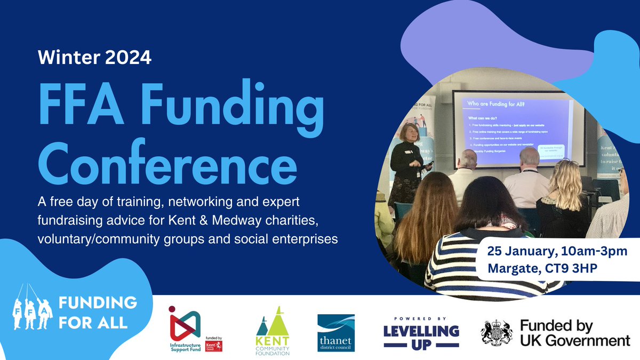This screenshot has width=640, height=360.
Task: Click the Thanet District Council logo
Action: pyautogui.click(x=336, y=332)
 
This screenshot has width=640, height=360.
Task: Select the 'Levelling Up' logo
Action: pyautogui.click(x=421, y=332)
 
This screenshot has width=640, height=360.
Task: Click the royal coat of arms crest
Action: pyautogui.click(x=496, y=333)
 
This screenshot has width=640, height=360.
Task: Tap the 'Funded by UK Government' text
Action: pyautogui.click(x=575, y=333)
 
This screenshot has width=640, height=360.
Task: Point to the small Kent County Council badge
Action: pyautogui.click(x=213, y=345)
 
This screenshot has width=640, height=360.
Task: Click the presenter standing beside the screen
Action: pyautogui.click(x=408, y=165)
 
